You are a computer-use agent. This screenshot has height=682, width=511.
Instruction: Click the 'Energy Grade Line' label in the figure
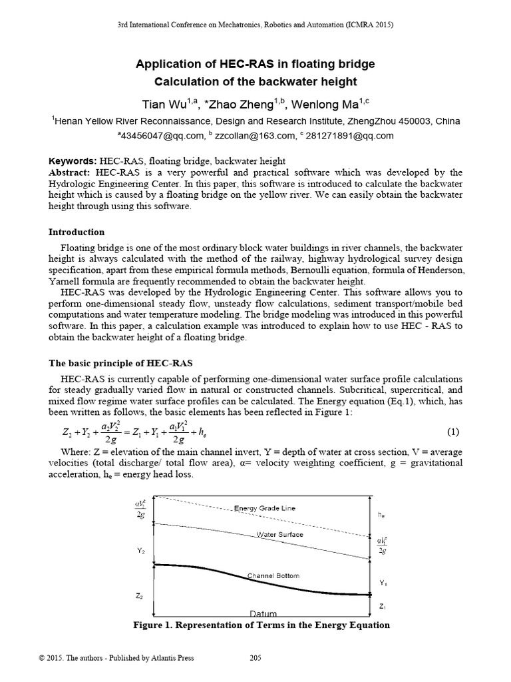click(264, 508)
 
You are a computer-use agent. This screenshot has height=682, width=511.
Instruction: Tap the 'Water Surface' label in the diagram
click(279, 534)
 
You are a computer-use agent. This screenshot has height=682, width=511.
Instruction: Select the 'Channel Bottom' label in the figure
click(273, 575)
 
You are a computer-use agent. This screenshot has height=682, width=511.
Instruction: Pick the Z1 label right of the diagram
click(382, 606)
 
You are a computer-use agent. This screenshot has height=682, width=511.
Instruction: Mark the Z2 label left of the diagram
click(140, 596)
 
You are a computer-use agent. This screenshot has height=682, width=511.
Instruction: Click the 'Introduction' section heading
click(77, 232)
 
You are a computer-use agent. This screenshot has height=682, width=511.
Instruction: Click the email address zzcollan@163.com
click(253, 135)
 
